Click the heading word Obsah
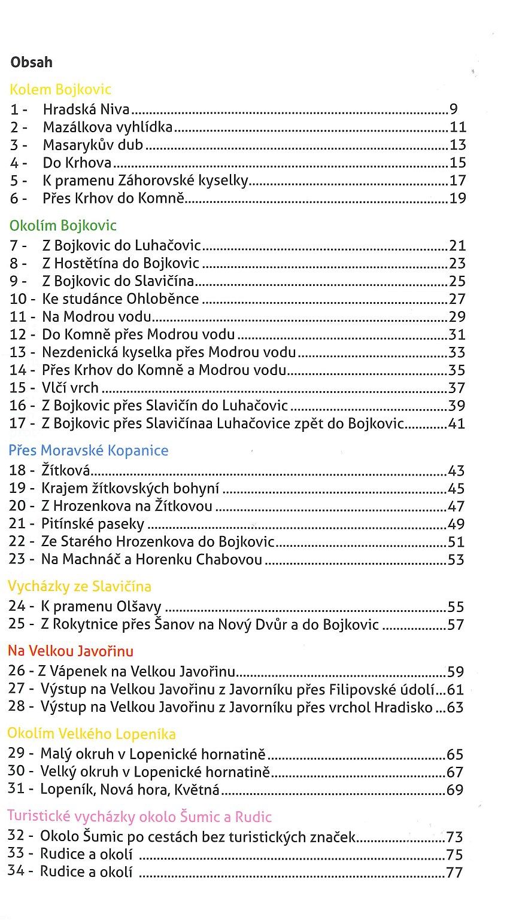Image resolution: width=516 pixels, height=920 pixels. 31,62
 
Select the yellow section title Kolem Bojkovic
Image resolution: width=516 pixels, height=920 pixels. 60,90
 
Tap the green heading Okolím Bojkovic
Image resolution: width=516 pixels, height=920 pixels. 63,226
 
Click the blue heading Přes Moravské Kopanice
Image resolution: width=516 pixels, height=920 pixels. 89,450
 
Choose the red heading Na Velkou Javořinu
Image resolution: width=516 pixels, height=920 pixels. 71,651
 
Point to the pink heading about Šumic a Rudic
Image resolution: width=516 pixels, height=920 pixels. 139,817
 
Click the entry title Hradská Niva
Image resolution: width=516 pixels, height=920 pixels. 87,109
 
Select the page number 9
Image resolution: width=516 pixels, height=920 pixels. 453,109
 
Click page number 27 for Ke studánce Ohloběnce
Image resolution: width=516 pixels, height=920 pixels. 457,299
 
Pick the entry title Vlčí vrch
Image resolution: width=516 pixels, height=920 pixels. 70,388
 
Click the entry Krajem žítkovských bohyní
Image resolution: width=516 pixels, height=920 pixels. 130,489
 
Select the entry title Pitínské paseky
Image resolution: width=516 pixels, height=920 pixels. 93,525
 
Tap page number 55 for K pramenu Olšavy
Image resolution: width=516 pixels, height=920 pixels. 456,607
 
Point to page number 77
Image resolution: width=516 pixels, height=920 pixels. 454,872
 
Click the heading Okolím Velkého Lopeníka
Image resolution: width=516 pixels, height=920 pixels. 92,734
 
